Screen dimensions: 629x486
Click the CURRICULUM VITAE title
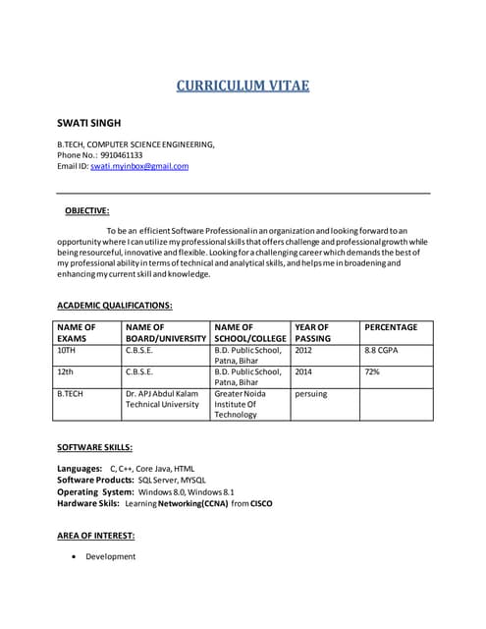pyautogui.click(x=243, y=86)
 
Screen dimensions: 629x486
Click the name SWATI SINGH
pyautogui.click(x=89, y=123)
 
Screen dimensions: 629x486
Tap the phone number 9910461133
pyautogui.click(x=122, y=155)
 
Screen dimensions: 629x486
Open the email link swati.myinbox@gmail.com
pyautogui.click(x=139, y=167)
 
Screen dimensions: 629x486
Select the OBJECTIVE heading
pyautogui.click(x=87, y=210)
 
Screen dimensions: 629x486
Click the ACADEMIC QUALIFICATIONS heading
pyautogui.click(x=115, y=306)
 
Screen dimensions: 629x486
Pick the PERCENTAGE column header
pyautogui.click(x=391, y=327)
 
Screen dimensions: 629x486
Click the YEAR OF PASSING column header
pyautogui.click(x=312, y=332)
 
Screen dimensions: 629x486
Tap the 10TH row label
pyautogui.click(x=67, y=350)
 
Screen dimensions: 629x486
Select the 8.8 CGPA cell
pyautogui.click(x=382, y=350)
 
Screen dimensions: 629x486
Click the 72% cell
pyautogui.click(x=372, y=372)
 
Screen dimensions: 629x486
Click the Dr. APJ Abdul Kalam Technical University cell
pyautogui.click(x=162, y=399)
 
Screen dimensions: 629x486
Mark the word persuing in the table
pyautogui.click(x=311, y=394)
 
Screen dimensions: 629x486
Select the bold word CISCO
pyautogui.click(x=261, y=503)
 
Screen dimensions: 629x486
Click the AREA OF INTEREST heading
pyautogui.click(x=96, y=536)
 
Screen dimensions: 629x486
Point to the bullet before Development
pyautogui.click(x=76, y=557)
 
